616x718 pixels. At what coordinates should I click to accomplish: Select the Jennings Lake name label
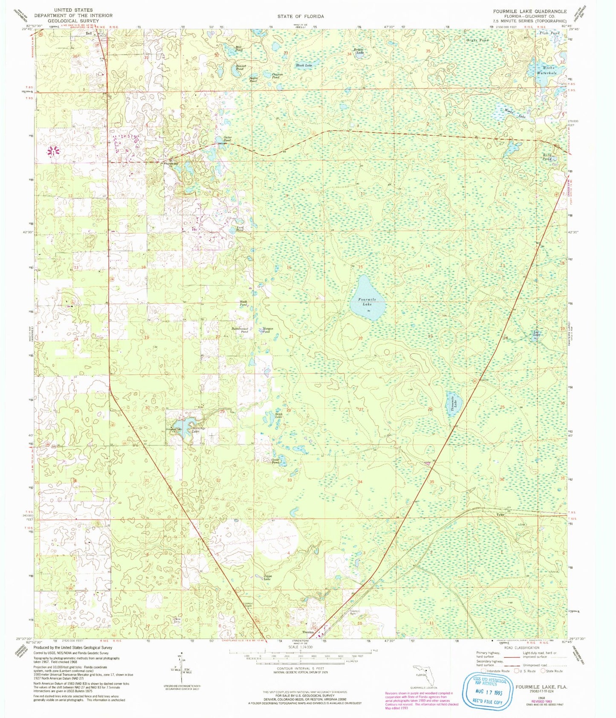pyautogui.click(x=195, y=430)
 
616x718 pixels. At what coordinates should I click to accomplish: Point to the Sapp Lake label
pyautogui.click(x=278, y=415)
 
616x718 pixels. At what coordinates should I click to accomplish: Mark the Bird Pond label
pyautogui.click(x=547, y=157)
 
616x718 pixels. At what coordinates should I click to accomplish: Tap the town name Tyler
pyautogui.click(x=500, y=514)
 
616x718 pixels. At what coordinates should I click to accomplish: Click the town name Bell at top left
pyautogui.click(x=89, y=33)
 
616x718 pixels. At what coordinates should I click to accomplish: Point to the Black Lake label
pyautogui.click(x=304, y=65)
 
